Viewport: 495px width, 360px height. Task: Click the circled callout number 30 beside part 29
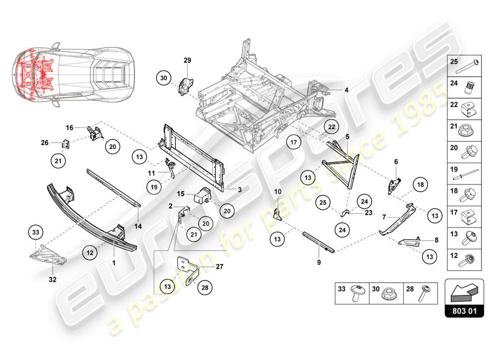coord(164,78)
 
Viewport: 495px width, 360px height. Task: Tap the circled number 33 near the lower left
coord(36,232)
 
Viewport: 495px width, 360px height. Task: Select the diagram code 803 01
coord(464,310)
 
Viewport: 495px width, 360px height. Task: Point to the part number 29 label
coord(187,60)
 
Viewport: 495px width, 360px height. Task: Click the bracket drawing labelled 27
coord(188,270)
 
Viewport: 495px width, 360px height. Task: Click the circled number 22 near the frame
coord(331,127)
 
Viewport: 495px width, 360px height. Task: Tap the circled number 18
coord(419,184)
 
